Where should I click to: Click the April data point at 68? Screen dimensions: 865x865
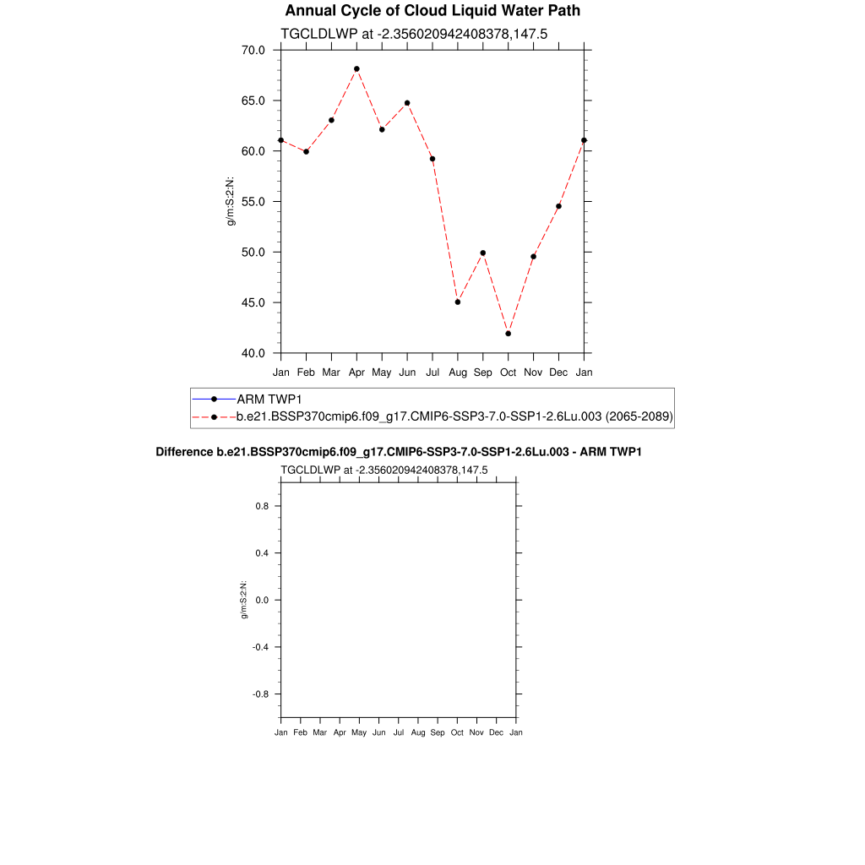coord(356,68)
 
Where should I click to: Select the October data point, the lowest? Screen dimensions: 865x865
coord(509,334)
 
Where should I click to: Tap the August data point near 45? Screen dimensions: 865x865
coord(458,302)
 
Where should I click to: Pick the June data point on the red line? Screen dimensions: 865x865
coord(407,103)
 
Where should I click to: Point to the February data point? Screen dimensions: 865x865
coord(306,151)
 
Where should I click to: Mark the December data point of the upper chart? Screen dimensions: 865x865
coord(558,206)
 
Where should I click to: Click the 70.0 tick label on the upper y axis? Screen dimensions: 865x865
coord(253,50)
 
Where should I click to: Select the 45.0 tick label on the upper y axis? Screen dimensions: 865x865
coord(253,302)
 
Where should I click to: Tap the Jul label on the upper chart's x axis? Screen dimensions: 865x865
coord(432,372)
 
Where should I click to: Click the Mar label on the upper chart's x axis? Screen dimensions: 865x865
coord(331,372)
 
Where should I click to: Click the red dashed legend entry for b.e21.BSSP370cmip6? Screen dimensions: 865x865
coord(454,416)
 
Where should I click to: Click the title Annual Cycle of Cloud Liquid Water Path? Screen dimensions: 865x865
coord(432,11)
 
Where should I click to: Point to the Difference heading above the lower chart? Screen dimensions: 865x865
coord(399,452)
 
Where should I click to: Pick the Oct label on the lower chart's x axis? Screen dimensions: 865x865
coord(457,732)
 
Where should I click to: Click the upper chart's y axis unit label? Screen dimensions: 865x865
coord(229,201)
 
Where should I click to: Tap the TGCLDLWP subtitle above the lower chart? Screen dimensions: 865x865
coord(384,471)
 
